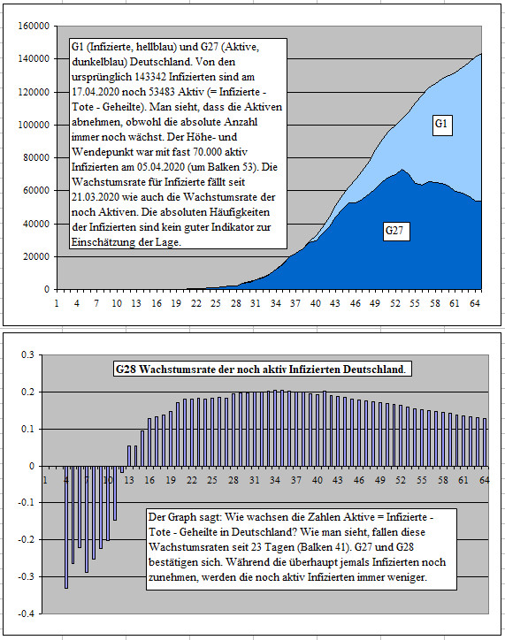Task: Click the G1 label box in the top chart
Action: (441, 125)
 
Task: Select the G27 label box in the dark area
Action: (395, 231)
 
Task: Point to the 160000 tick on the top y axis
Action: (34, 26)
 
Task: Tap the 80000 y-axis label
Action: (36, 157)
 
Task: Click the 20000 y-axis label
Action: (36, 256)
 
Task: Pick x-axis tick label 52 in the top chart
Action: (394, 303)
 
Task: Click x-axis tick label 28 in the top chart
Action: (235, 303)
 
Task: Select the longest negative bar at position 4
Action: (66, 527)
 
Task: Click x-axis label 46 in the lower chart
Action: (359, 480)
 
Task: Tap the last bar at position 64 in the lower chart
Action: (485, 442)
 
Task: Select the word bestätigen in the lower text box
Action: (171, 562)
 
